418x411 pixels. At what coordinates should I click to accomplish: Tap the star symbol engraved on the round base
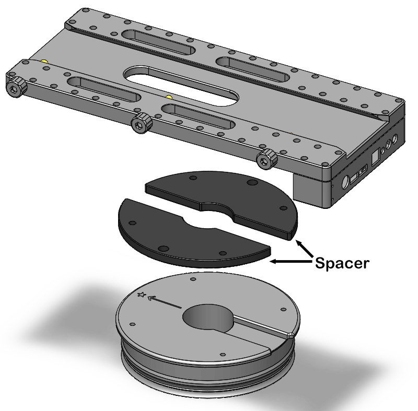(x=141, y=295)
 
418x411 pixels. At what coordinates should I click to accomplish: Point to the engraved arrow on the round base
(x=164, y=302)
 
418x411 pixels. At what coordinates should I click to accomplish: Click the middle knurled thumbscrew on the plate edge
(x=141, y=123)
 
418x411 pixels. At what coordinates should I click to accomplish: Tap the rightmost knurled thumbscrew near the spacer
(x=267, y=158)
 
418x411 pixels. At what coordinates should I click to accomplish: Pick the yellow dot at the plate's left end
(x=45, y=61)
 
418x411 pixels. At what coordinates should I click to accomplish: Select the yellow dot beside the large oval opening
(x=168, y=97)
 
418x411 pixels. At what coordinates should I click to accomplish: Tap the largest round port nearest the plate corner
(x=345, y=183)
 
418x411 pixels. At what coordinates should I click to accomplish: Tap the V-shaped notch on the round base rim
(x=289, y=334)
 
